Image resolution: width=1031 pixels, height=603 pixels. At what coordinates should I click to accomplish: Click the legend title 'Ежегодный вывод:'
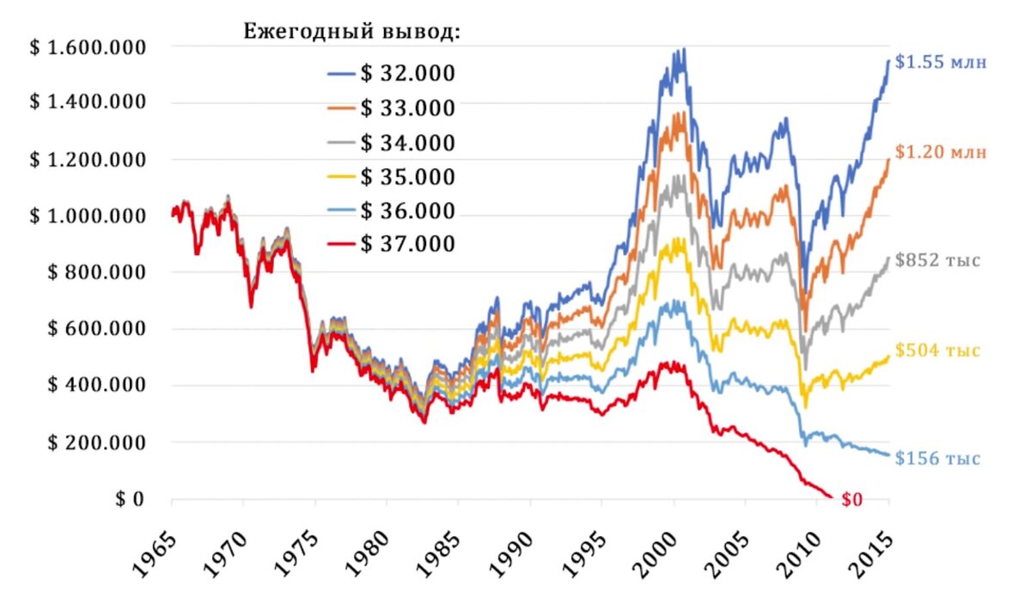tap(353, 33)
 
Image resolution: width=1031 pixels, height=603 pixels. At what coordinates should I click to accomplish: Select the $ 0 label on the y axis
tap(130, 499)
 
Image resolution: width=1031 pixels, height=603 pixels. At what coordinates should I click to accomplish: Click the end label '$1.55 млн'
tap(941, 62)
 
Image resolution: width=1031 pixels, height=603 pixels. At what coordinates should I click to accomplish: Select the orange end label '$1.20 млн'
tap(941, 153)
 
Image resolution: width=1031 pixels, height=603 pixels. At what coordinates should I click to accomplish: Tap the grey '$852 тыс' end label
tap(936, 259)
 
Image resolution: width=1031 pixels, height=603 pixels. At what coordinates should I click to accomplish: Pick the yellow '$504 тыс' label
tap(936, 350)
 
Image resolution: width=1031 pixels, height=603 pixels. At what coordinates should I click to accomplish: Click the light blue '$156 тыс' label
tap(936, 459)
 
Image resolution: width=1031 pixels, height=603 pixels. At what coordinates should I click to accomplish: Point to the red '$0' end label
tap(851, 500)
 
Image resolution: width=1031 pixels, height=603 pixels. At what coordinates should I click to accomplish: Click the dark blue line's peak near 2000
tap(684, 49)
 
